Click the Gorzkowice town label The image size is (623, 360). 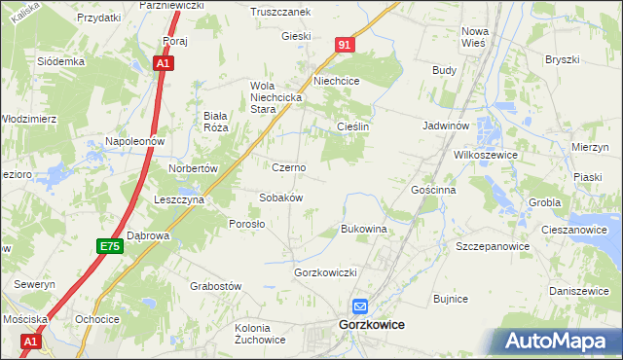point(371,324)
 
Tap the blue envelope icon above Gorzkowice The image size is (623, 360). point(359,306)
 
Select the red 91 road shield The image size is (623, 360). point(346,45)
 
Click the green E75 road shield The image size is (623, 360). point(109,247)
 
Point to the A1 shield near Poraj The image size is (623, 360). point(164,63)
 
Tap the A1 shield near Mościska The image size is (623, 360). point(31,342)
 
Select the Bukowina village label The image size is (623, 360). point(363,229)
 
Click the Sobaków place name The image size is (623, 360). point(281,198)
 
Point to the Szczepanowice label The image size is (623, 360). point(493,247)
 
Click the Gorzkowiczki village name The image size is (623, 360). point(327,272)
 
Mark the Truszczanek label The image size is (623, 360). point(279,12)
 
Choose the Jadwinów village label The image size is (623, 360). point(447,126)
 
